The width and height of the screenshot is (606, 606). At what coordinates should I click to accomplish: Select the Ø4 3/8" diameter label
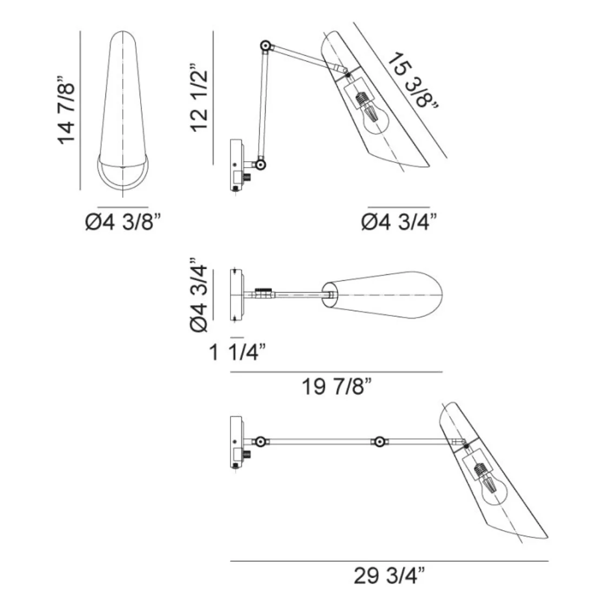[x=123, y=222]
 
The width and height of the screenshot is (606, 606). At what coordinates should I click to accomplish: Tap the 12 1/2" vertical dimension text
[x=199, y=98]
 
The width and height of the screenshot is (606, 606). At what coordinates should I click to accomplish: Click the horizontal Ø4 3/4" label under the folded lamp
[x=399, y=222]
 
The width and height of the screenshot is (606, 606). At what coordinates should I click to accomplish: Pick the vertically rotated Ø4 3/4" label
[x=199, y=295]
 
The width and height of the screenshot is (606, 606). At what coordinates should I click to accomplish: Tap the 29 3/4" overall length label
[x=389, y=577]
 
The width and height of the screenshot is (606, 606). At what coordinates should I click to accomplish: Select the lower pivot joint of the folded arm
[x=261, y=163]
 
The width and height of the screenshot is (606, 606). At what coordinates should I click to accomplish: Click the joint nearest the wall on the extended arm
[x=260, y=442]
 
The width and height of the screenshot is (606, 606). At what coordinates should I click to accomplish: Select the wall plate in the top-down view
[x=237, y=295]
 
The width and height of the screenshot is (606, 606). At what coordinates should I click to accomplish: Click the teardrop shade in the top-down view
[x=387, y=295]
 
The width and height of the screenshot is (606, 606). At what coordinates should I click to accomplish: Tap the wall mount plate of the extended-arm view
[x=236, y=441]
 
